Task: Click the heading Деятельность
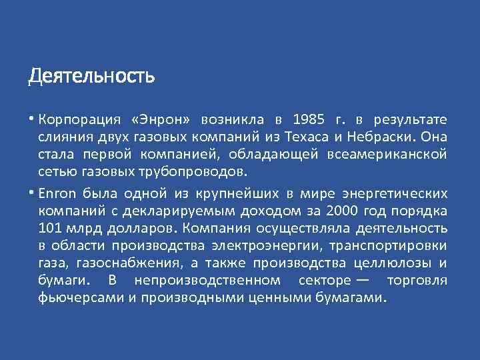point(91,77)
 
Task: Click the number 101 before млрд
point(49,229)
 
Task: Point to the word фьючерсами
point(79,297)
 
